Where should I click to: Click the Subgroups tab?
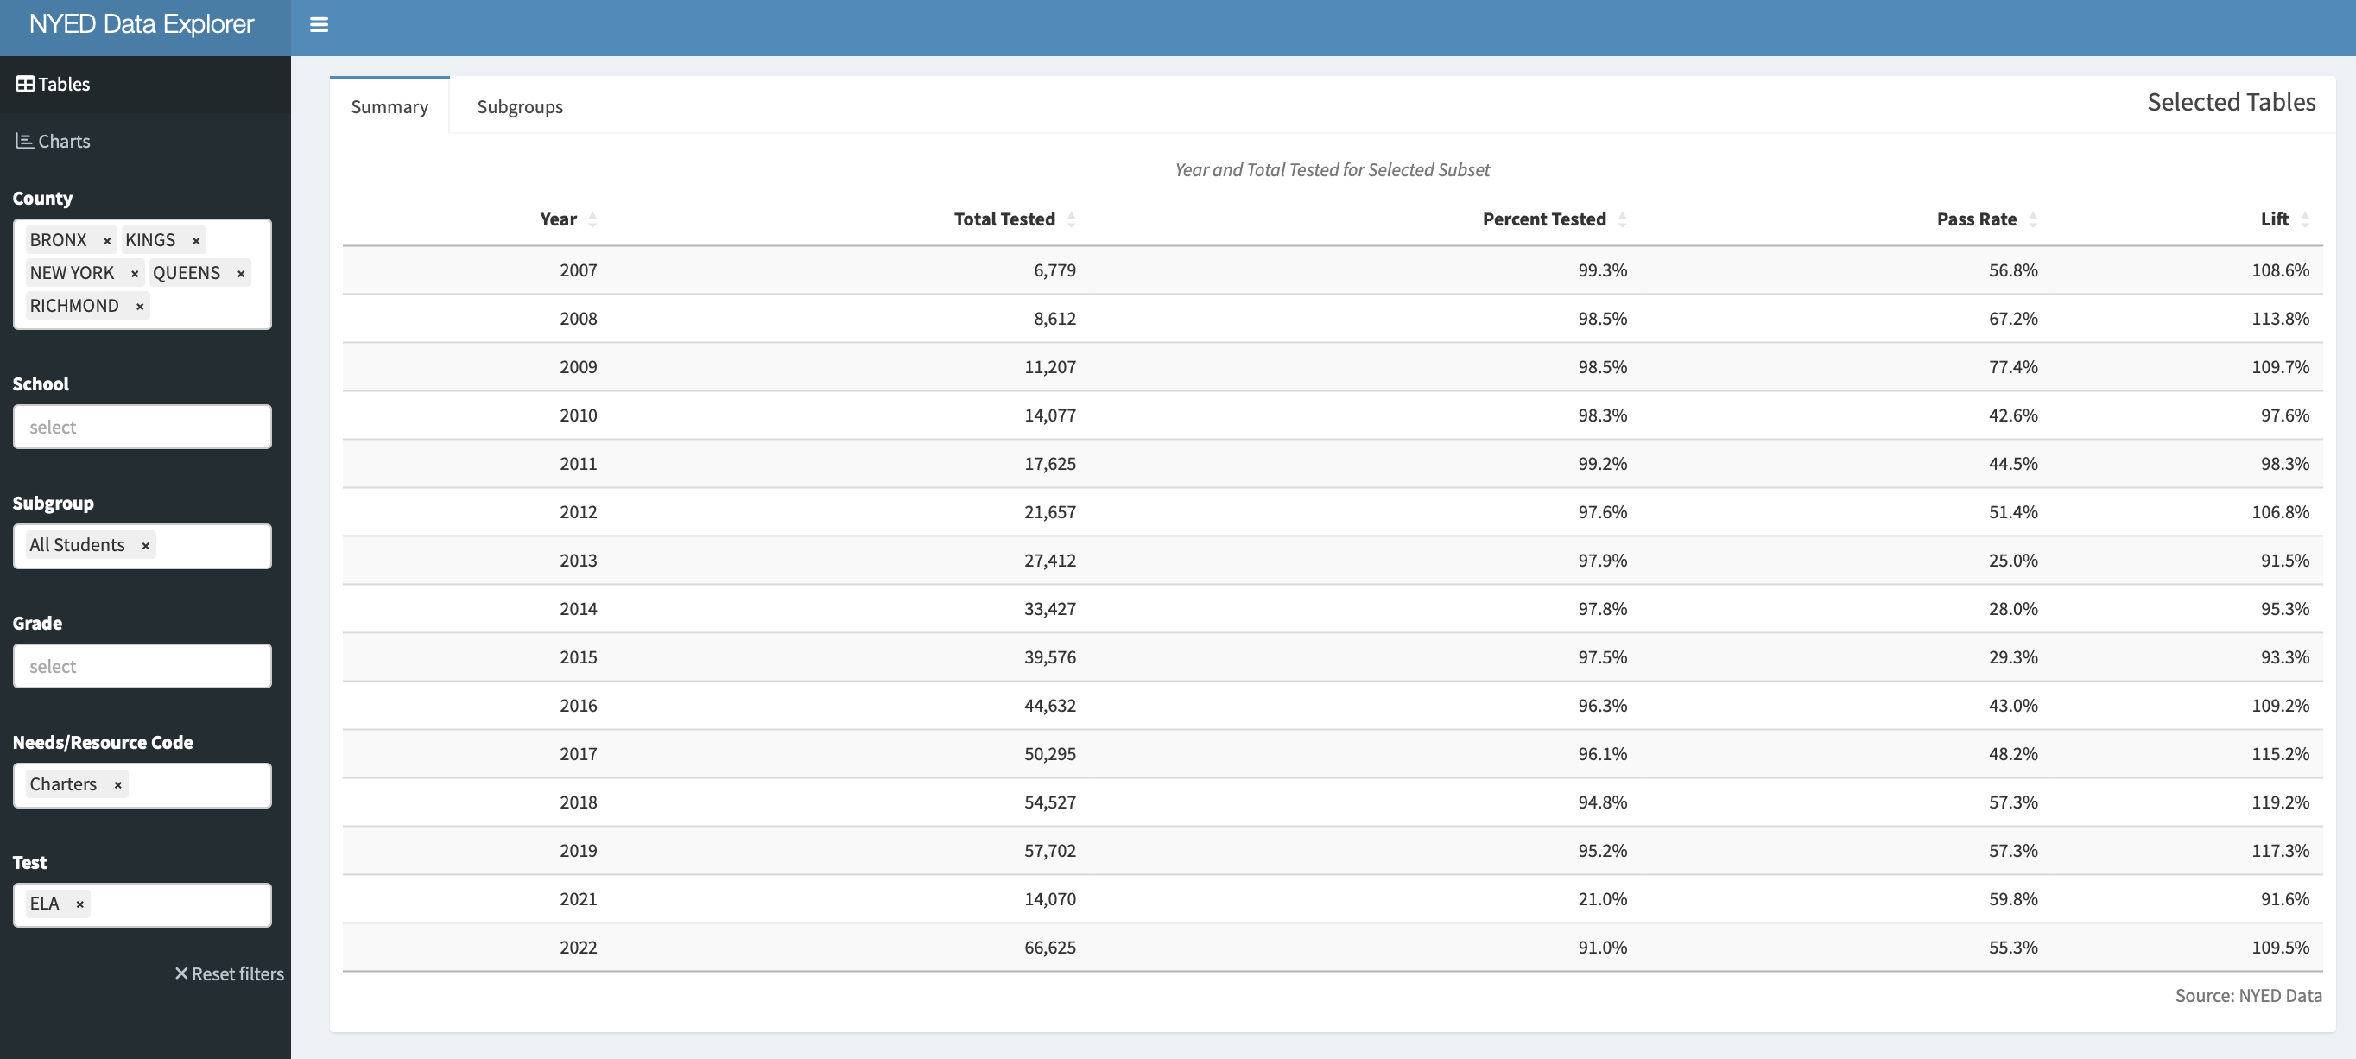tap(520, 107)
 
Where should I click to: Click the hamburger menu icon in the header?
tap(319, 25)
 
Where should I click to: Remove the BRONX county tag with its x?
tap(107, 240)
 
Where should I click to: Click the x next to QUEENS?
tap(241, 274)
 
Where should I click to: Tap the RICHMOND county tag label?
tap(74, 306)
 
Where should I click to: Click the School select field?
tap(142, 427)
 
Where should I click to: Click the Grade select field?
tap(142, 666)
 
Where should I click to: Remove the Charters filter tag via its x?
tap(117, 784)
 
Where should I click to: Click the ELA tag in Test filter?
tap(44, 904)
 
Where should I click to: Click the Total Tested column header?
tap(1004, 219)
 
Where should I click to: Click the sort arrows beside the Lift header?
tap(2305, 219)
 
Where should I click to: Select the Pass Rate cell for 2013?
tap(2012, 561)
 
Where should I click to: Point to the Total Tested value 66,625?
tap(1049, 948)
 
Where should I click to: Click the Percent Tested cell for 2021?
tap(1601, 899)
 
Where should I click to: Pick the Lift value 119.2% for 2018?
tap(2279, 802)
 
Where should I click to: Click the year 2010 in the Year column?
tap(578, 415)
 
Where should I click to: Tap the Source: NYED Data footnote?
tap(2247, 995)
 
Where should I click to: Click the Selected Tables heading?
tap(2231, 103)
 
